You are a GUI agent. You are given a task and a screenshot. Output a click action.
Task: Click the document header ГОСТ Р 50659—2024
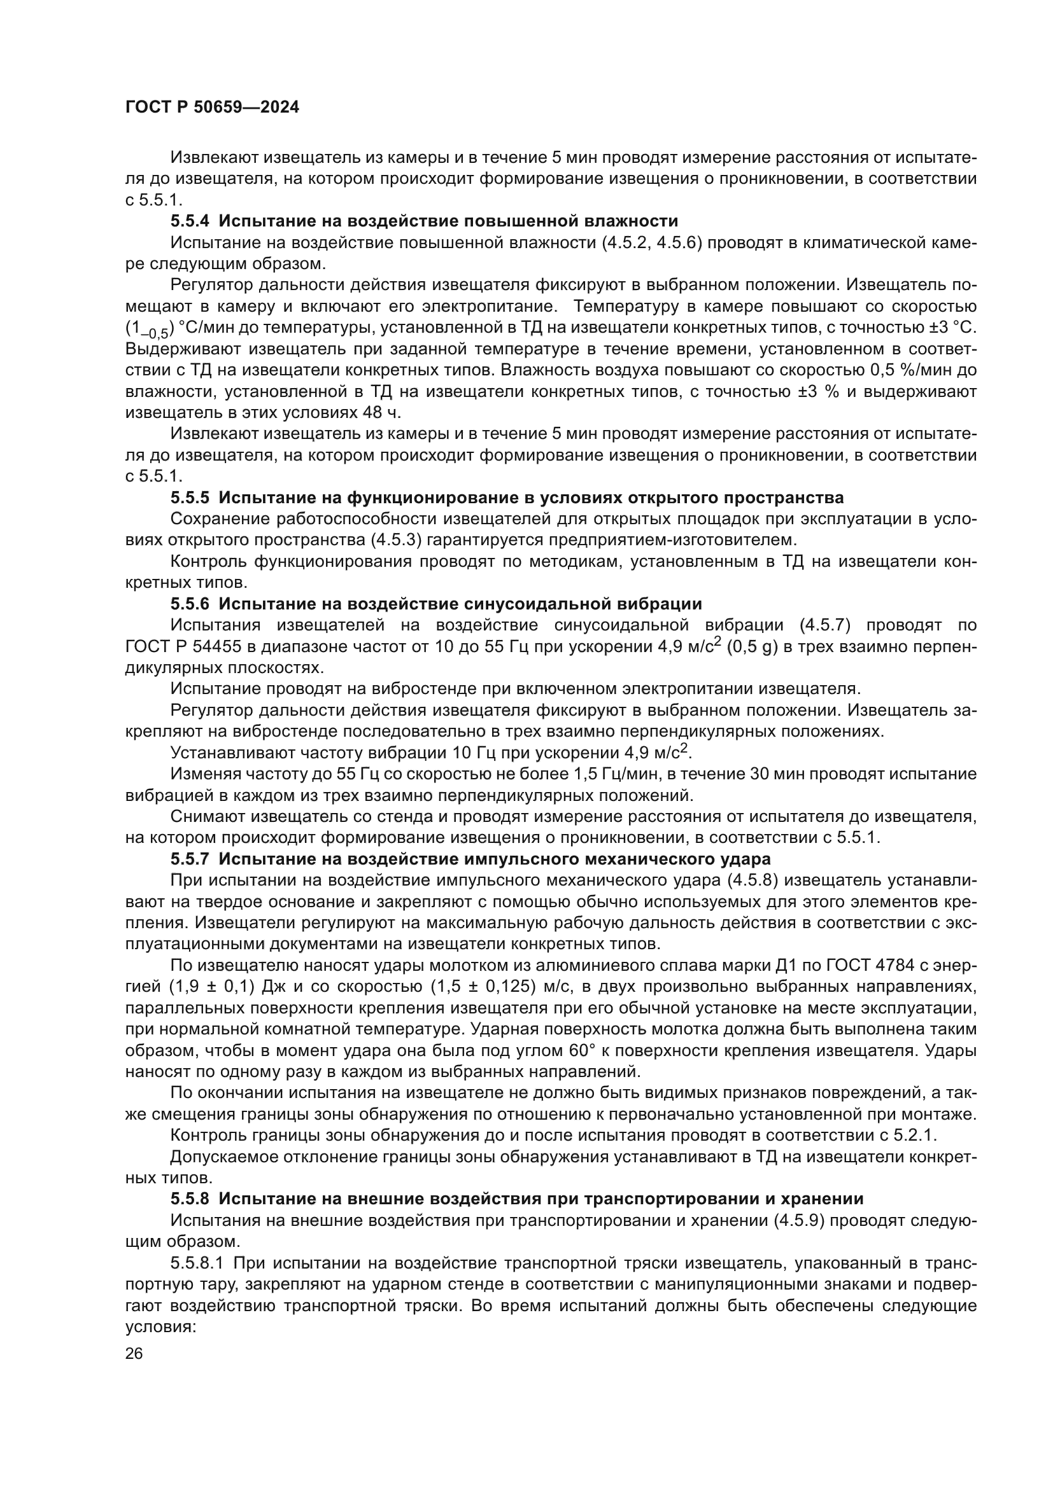(x=212, y=108)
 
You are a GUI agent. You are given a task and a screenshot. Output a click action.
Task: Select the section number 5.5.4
(x=190, y=221)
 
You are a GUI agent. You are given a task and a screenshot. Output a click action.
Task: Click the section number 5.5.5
(x=190, y=497)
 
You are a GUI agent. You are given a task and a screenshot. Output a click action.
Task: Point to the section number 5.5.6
(x=190, y=604)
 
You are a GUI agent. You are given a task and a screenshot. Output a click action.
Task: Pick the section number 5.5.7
(x=190, y=859)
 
